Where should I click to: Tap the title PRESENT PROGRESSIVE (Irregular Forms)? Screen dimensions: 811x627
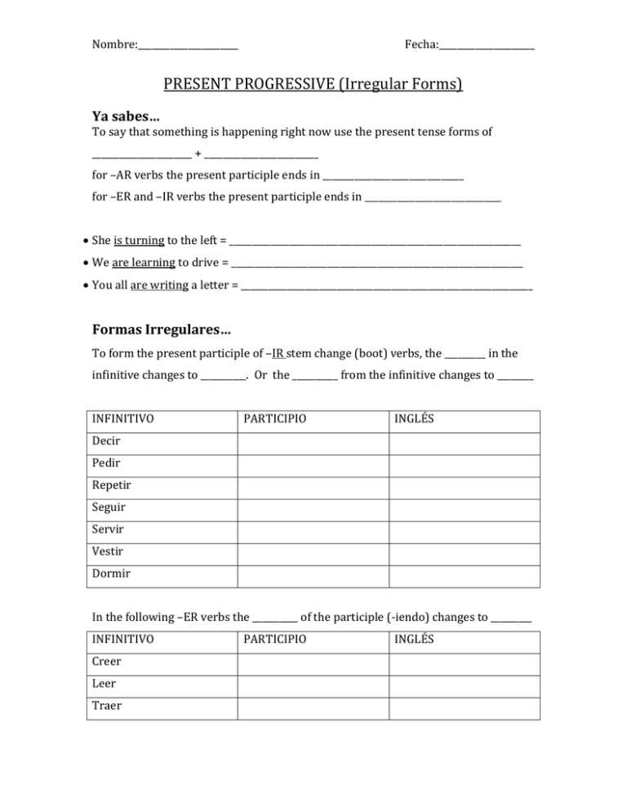[x=313, y=84]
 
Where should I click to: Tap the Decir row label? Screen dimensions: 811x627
[x=106, y=444]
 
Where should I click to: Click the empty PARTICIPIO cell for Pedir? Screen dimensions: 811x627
[x=313, y=465]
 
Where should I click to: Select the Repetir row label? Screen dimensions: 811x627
[x=112, y=486]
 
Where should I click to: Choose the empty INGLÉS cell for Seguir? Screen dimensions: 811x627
[x=464, y=507]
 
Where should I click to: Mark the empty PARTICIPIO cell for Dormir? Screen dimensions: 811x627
[x=313, y=574]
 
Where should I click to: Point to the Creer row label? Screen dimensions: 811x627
[x=107, y=664]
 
